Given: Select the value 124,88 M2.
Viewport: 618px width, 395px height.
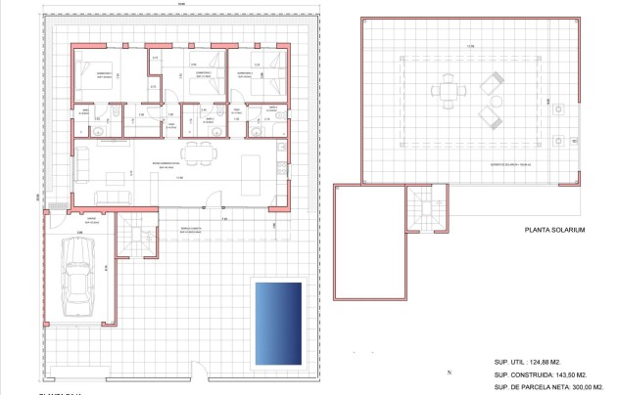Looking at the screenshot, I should point(559,362).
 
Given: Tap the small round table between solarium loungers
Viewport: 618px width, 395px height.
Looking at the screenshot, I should point(492,103).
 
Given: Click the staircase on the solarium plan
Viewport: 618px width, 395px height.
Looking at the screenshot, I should point(423,206).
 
